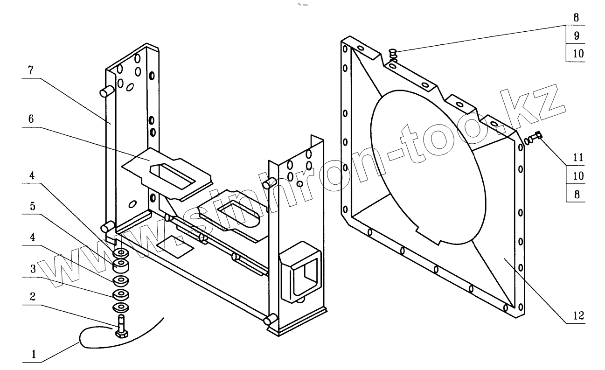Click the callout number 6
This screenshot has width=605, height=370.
(31, 119)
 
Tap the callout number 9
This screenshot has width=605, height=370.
(577, 35)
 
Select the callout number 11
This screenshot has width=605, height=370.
(577, 158)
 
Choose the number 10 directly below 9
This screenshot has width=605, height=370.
(577, 53)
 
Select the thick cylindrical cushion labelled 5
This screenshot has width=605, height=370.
(122, 266)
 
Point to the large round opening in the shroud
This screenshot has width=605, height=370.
(429, 168)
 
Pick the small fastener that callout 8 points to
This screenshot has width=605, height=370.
(393, 56)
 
